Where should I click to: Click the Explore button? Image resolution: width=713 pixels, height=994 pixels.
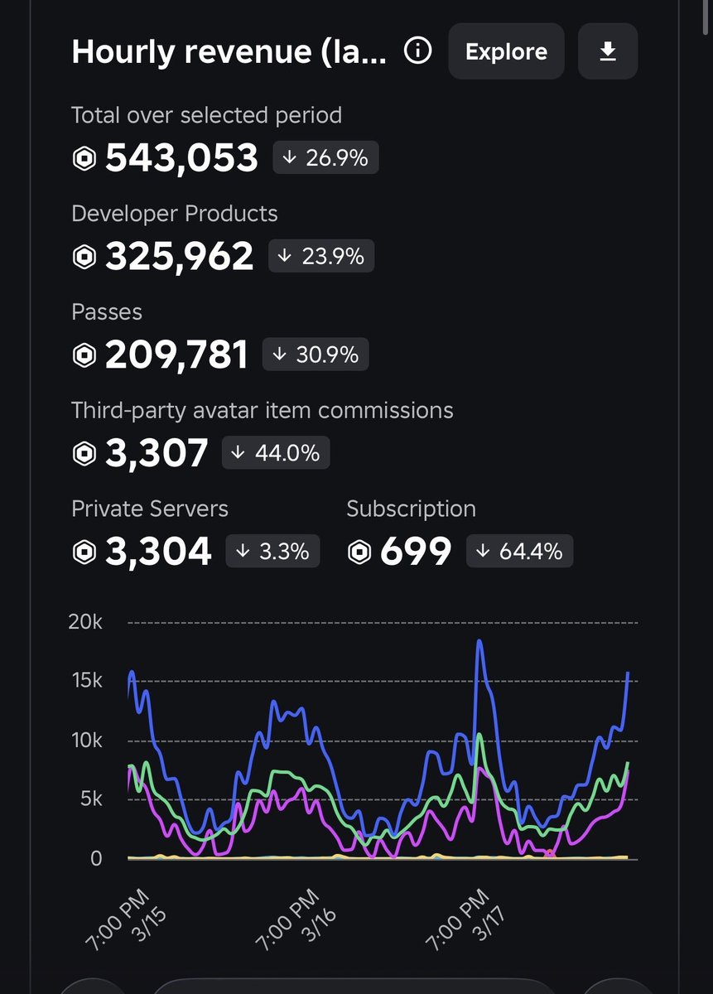point(506,51)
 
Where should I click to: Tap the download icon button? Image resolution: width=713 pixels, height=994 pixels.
point(608,51)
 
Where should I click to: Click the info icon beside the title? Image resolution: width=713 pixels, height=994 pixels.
point(417,51)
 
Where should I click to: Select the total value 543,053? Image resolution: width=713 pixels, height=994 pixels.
point(181,158)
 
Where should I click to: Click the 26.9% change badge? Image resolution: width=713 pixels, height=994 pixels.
point(325,157)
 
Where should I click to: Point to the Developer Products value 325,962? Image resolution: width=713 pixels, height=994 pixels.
point(179,257)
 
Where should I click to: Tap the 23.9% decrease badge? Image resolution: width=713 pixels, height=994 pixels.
point(321,257)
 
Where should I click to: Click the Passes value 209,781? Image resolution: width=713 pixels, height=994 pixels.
point(176,355)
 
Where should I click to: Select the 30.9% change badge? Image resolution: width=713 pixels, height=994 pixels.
point(316,355)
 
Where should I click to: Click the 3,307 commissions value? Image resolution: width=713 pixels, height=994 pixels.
point(157,453)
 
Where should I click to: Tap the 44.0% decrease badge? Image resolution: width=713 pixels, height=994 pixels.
point(277,453)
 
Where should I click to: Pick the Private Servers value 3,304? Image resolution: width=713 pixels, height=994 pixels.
point(158,552)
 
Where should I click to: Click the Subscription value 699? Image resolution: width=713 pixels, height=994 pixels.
point(416,552)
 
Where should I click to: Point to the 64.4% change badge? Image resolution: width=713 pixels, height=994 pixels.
point(519,551)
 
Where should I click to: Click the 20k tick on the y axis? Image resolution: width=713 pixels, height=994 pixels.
point(85,622)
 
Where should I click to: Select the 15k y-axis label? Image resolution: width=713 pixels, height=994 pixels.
point(85,681)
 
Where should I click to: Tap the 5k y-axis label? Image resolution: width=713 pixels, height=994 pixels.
point(89,799)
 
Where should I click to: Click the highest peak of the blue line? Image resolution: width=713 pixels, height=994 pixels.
point(479,641)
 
